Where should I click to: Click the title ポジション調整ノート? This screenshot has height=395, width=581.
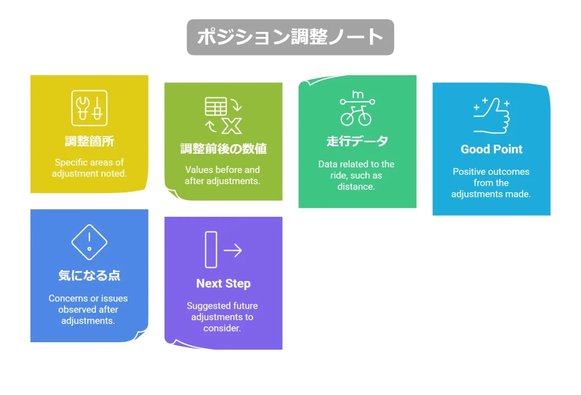click(290, 37)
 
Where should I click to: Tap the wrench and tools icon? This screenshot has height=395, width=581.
click(89, 108)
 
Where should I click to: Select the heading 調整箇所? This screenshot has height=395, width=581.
click(89, 141)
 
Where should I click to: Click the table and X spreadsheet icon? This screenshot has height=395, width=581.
click(224, 115)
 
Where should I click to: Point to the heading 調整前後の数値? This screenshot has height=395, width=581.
click(224, 149)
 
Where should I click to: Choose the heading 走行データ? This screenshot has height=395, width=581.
click(357, 141)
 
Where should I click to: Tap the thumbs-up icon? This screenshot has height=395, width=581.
click(491, 115)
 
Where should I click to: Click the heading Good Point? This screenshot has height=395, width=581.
click(491, 149)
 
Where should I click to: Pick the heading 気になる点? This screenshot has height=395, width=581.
click(89, 275)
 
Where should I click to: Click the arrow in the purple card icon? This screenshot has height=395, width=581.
click(233, 250)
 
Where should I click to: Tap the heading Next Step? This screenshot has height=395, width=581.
click(224, 283)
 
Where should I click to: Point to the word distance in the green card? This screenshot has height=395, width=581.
click(356, 186)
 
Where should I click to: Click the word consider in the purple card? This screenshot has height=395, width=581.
click(222, 328)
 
